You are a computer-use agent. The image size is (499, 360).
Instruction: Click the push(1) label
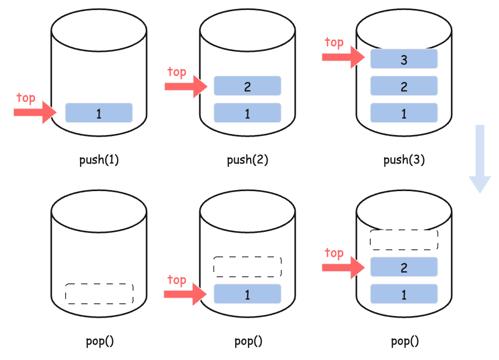(99, 160)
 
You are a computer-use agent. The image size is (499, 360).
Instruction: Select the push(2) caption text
(247, 160)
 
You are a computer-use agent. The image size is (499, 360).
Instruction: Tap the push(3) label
(404, 160)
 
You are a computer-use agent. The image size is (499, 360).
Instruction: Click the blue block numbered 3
(404, 59)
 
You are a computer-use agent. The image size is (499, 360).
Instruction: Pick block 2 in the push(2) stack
(247, 86)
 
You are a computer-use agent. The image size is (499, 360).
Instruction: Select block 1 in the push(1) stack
(99, 113)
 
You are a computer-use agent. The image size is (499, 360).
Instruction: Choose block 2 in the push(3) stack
(404, 86)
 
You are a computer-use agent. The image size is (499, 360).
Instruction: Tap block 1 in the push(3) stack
(404, 113)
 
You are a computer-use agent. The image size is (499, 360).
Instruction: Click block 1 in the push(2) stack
(247, 113)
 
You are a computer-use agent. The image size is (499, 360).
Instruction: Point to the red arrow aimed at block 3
(343, 57)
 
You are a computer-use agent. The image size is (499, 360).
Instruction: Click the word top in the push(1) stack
(26, 98)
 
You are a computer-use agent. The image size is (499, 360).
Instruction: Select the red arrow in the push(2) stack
(186, 86)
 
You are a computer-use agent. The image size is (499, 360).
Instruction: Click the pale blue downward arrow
(480, 159)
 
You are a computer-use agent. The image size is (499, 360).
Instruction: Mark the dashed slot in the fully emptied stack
(99, 294)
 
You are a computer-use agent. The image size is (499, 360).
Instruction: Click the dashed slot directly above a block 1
(247, 267)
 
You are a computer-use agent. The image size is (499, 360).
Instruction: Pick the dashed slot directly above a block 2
(404, 240)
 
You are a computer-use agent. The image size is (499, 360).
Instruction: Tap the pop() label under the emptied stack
(100, 341)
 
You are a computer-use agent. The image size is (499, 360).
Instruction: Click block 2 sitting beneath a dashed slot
(404, 267)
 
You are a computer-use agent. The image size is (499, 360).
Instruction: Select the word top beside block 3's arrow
(334, 42)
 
